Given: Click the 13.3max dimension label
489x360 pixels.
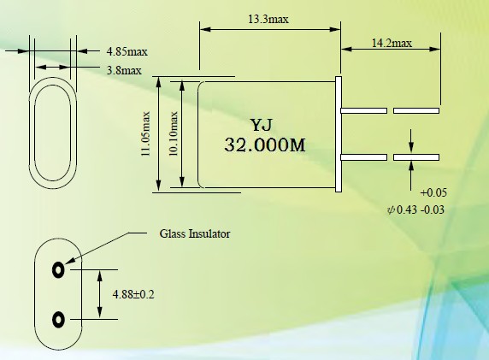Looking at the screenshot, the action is (x=268, y=20).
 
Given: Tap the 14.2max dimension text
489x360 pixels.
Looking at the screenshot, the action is (x=392, y=43).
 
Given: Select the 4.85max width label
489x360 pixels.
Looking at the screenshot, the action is (x=127, y=51).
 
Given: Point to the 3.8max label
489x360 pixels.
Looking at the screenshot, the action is (x=124, y=70).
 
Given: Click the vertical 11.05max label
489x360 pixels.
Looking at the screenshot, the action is (x=145, y=134).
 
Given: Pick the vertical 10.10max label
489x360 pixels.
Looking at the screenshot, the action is (x=173, y=134).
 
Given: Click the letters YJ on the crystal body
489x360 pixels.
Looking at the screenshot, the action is (x=262, y=125).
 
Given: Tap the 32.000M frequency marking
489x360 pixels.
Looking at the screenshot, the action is (x=265, y=145).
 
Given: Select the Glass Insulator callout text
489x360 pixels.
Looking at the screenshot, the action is (x=195, y=233).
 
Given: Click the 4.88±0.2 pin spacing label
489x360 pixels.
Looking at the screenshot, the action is (x=133, y=294).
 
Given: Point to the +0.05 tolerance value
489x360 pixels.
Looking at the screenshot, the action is (x=433, y=192).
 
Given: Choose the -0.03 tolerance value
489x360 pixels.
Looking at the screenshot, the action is (x=433, y=210).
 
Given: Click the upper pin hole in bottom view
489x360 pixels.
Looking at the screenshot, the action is (x=58, y=269).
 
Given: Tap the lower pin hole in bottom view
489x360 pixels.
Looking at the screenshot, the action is (x=58, y=320).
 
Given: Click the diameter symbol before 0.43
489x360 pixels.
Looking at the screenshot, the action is (x=391, y=210).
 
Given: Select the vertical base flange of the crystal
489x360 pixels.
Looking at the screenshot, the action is (x=339, y=134).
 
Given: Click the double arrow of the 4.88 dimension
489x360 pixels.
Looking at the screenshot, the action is (x=99, y=294).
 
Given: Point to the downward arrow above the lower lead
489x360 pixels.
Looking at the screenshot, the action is (x=411, y=141).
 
